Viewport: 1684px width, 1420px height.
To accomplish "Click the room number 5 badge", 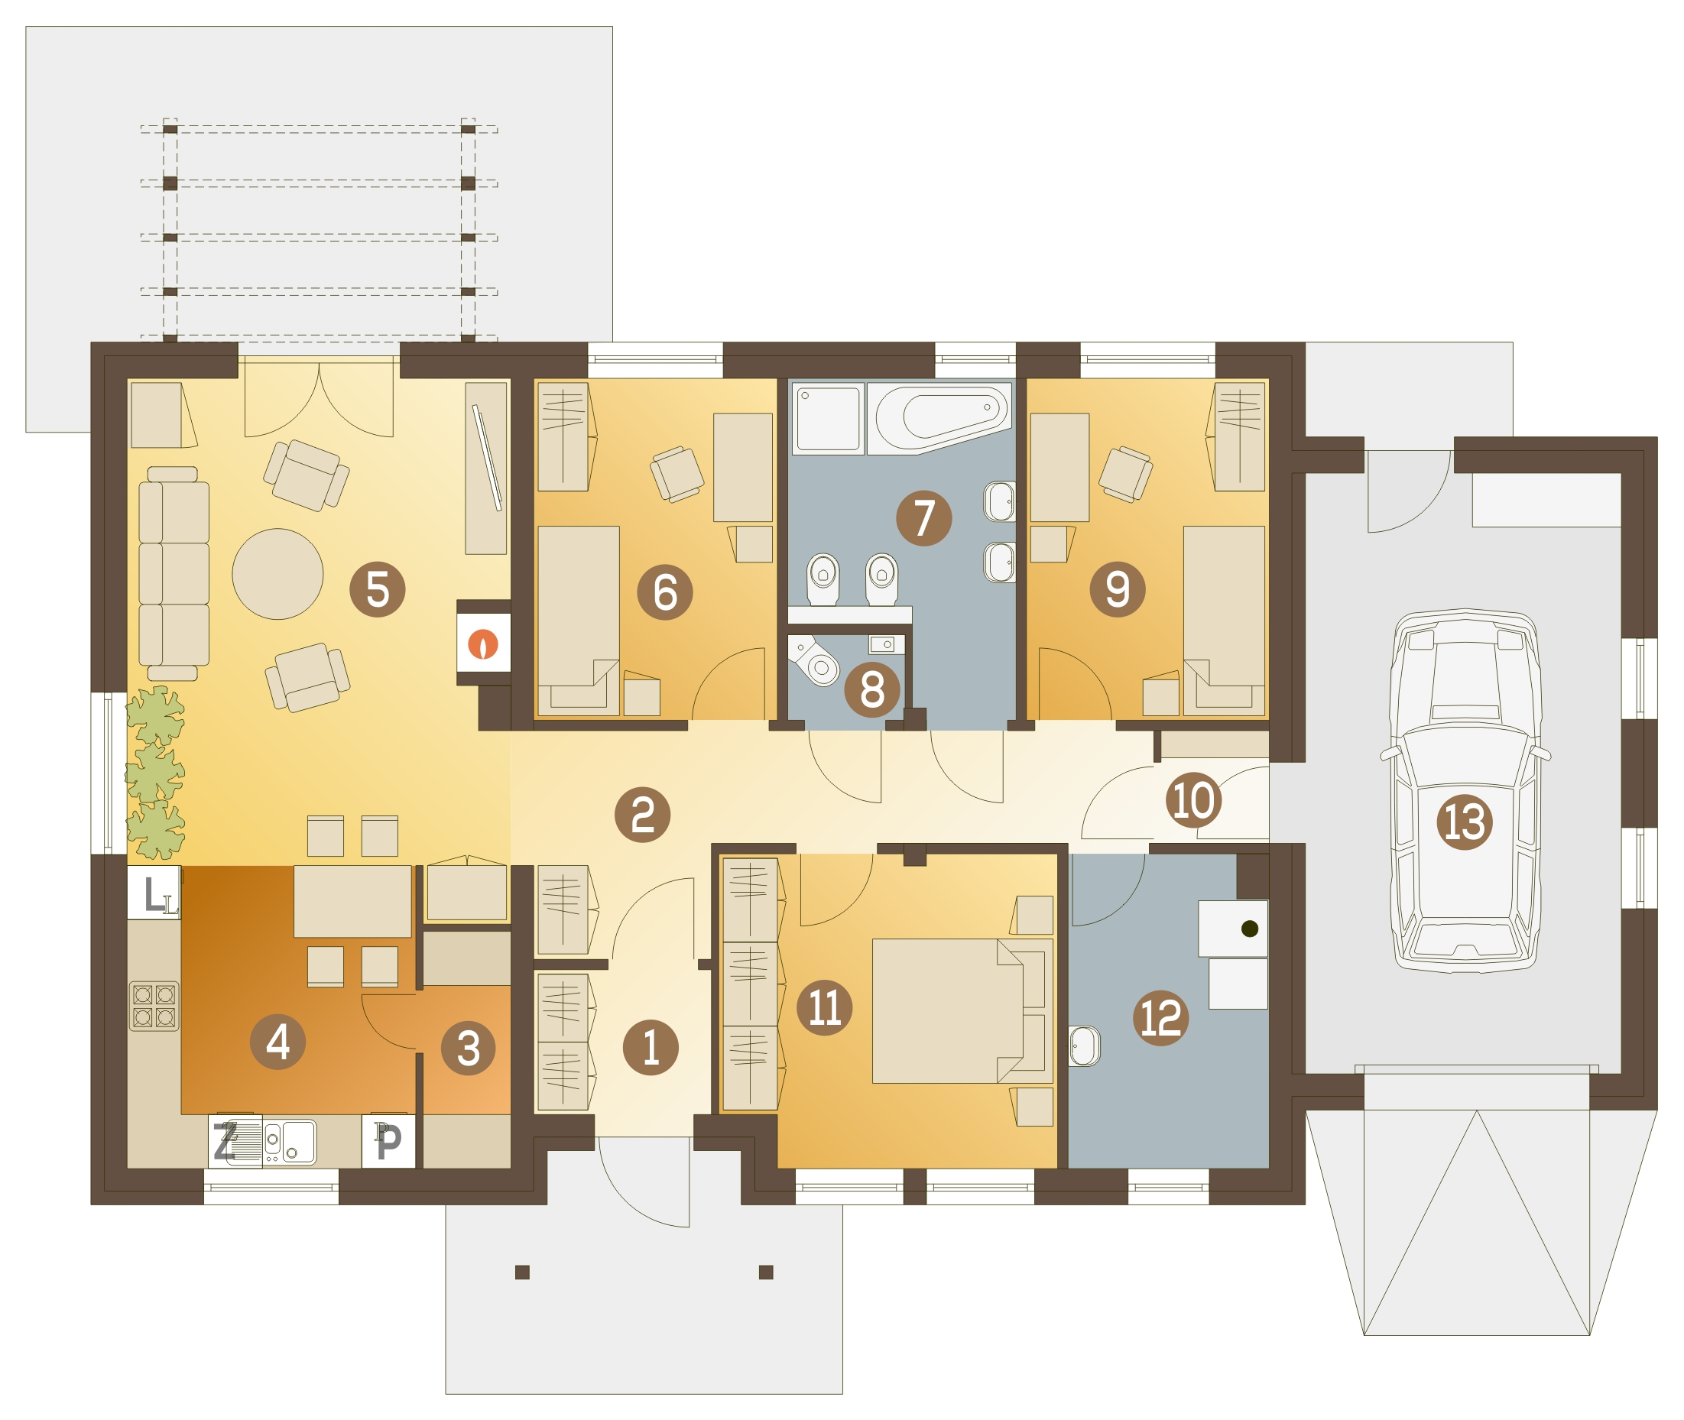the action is click(x=378, y=589).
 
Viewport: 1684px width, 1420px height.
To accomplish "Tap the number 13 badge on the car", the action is click(x=1465, y=822).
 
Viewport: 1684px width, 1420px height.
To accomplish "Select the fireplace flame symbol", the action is click(x=483, y=644).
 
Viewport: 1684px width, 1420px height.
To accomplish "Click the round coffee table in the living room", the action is click(x=277, y=574).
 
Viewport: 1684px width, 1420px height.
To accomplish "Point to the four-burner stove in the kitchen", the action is click(x=154, y=1006).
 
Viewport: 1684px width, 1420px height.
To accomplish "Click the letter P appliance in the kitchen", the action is click(x=389, y=1141).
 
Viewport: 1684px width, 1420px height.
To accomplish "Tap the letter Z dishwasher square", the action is click(x=226, y=1141).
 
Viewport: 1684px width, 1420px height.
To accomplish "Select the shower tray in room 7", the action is click(x=828, y=419).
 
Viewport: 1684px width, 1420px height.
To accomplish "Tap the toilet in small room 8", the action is click(x=814, y=660).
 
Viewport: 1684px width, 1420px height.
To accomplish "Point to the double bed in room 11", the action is click(x=962, y=1010).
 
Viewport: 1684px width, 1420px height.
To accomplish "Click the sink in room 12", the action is click(x=1083, y=1046).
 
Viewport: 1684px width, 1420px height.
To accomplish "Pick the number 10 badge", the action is click(x=1194, y=800).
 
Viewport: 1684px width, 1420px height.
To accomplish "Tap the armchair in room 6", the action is click(x=677, y=474).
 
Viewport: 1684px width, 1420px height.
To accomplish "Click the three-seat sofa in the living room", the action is click(x=174, y=574).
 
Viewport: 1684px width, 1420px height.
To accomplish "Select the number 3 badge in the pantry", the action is click(x=469, y=1047).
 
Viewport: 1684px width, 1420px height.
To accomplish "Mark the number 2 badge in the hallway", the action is click(x=642, y=815).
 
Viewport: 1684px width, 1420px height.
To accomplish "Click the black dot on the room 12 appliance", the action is click(x=1249, y=929).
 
